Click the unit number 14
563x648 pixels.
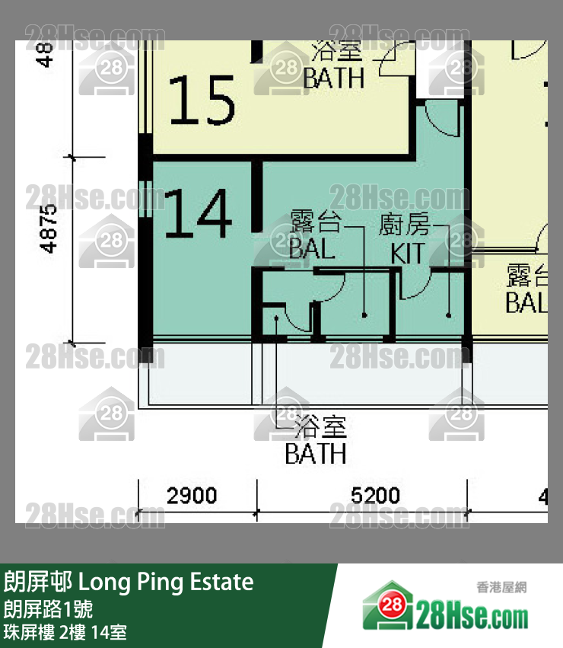199,214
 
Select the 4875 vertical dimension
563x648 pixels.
49,228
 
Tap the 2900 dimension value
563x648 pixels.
192,496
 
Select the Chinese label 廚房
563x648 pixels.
404,225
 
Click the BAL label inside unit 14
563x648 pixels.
312,248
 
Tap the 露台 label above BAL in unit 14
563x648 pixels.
315,222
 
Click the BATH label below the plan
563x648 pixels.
315,454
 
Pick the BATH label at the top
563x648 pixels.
333,78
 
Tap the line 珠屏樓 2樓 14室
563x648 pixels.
65,631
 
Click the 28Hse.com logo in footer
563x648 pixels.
445,611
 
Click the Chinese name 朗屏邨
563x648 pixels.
38,583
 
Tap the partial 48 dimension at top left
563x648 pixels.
47,53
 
